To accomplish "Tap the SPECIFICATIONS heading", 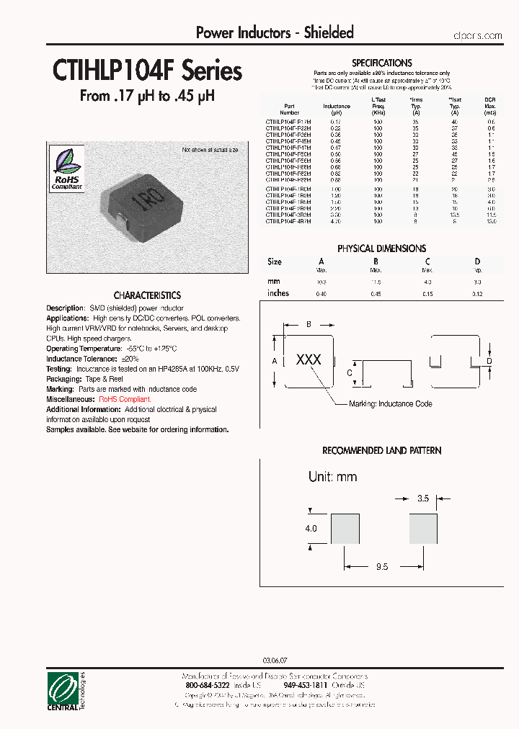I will [x=382, y=63].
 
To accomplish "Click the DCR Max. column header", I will [x=490, y=106].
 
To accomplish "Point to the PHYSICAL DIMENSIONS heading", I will [x=382, y=249].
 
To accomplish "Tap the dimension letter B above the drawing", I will [x=309, y=325].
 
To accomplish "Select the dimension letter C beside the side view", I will [x=349, y=372].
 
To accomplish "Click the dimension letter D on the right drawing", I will [x=488, y=360].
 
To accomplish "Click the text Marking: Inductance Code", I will [x=390, y=404].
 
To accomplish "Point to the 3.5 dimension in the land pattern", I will [x=423, y=498].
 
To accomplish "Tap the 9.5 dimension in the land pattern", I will [x=382, y=567].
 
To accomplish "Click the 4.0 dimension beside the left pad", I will [x=311, y=528].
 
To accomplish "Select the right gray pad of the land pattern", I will [x=423, y=528].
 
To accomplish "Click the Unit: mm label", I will [x=332, y=477].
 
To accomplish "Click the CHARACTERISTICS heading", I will [x=147, y=295].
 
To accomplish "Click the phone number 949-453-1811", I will [x=306, y=686].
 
